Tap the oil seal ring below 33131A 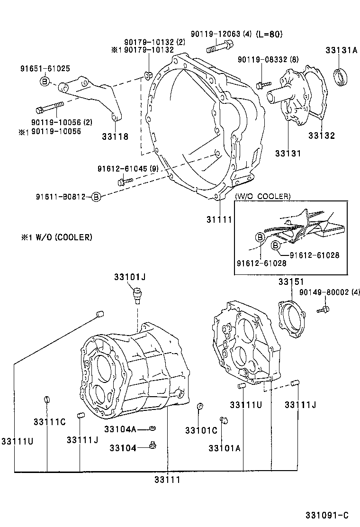point(342,78)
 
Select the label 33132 point(321,136)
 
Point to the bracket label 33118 point(115,137)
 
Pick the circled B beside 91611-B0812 point(96,196)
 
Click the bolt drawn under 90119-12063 point(220,47)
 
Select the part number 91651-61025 point(45,68)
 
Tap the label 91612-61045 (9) point(128,169)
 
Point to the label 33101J point(129,277)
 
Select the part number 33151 point(290,282)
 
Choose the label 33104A point(120,429)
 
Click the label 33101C point(201,430)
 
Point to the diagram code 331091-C point(326,515)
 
